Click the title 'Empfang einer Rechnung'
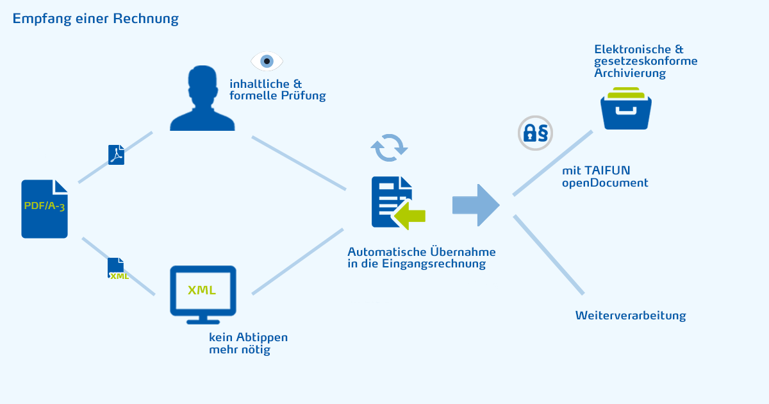tap(95, 19)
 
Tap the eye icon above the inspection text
tap(267, 62)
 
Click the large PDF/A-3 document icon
tap(44, 209)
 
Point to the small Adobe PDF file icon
tap(116, 155)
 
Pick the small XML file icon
tap(117, 268)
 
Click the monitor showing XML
tap(203, 294)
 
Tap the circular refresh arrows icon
tap(389, 147)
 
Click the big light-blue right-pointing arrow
tap(475, 205)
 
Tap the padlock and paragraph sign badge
tap(535, 133)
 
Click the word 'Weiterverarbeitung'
tap(631, 316)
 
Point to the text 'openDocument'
tap(605, 183)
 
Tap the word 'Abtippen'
tap(262, 338)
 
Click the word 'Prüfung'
tap(304, 96)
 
